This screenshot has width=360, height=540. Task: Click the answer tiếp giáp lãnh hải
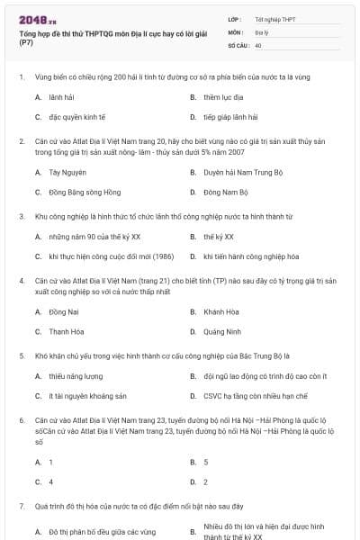pyautogui.click(x=230, y=117)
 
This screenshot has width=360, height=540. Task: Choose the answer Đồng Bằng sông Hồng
pyautogui.click(x=79, y=192)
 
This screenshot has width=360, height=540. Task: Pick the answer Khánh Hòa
pyautogui.click(x=220, y=311)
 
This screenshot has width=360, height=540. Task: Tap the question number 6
pyautogui.click(x=22, y=420)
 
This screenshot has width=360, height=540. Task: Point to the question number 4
pyautogui.click(x=22, y=280)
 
